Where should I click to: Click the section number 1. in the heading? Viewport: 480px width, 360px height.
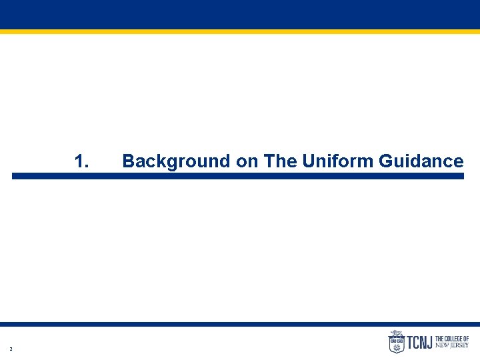coord(82,161)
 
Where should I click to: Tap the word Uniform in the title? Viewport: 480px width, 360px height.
coord(338,161)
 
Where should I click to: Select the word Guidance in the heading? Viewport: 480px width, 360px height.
coord(421,161)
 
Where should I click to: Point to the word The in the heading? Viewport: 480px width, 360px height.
coord(281,161)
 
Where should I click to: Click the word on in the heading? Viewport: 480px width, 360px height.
coord(247,161)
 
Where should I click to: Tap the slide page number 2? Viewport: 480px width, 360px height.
coord(11,349)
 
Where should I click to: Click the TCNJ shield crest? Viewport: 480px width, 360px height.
coord(396,342)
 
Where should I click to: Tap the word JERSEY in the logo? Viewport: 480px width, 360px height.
coord(459,346)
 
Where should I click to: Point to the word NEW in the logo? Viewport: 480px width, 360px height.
coord(442,346)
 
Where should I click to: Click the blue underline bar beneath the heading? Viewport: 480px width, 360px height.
coord(237,176)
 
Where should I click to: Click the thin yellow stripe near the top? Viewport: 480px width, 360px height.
coord(240,31)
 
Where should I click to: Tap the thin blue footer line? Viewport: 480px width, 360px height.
coord(240,324)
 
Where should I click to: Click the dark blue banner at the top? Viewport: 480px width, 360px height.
coord(240,14)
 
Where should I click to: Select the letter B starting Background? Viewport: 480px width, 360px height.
coord(128,161)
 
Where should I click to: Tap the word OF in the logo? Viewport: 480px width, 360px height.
coord(466,339)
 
